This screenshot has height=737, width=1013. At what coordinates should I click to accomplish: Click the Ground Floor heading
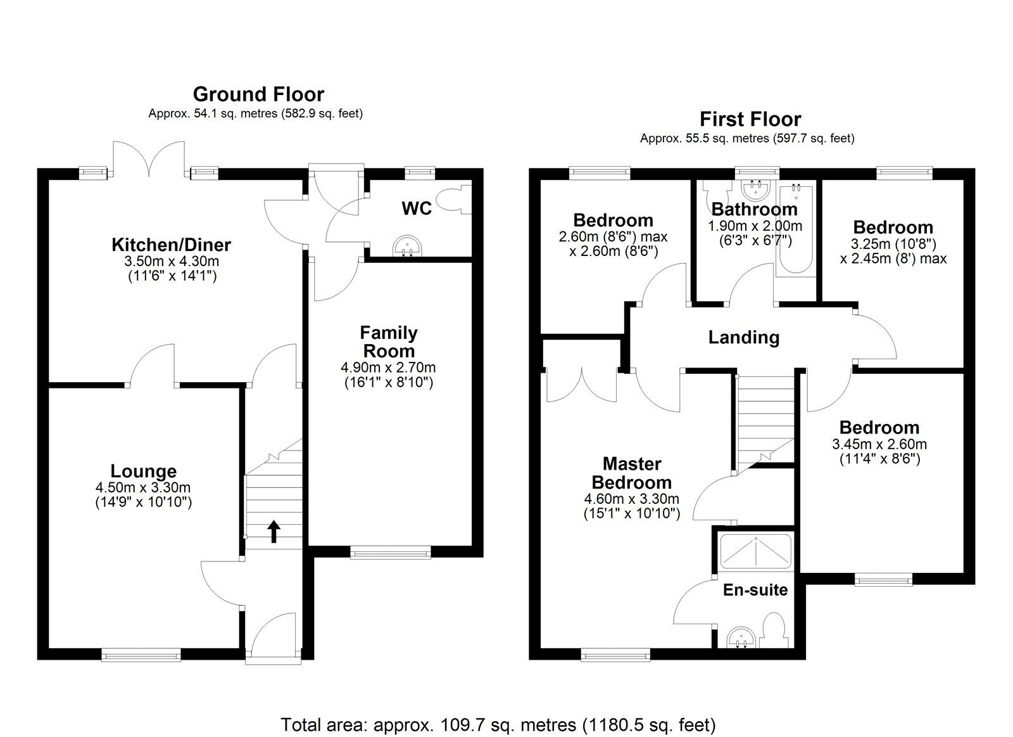coord(258,94)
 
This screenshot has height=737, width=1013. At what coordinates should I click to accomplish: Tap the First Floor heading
coord(750,119)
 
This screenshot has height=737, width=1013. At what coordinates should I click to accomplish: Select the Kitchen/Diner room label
coord(171,244)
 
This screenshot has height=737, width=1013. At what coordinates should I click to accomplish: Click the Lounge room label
coord(143,471)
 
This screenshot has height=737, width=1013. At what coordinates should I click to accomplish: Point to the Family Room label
coord(388,342)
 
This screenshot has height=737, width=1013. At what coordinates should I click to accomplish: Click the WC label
coord(417,208)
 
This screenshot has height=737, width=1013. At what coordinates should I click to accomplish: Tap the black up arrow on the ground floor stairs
coord(274,531)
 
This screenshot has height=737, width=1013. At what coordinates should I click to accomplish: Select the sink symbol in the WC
coord(406,246)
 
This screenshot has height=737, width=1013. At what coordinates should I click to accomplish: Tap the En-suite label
coord(755,590)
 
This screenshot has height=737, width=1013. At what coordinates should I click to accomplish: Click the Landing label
coord(743,337)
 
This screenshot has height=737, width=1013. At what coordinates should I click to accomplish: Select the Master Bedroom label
coord(631,473)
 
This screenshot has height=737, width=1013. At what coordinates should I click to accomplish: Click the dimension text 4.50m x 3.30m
coord(143,487)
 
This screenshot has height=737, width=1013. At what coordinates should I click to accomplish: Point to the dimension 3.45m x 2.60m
coord(879,444)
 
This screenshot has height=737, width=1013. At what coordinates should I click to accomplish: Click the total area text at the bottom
coord(498,724)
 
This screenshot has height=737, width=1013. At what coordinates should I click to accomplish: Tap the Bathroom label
coord(754,209)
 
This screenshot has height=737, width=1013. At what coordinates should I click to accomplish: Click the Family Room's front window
coord(391,553)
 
